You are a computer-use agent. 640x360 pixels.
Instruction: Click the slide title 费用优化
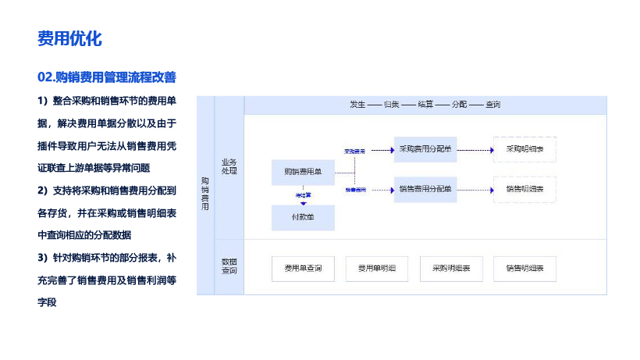pos(69,38)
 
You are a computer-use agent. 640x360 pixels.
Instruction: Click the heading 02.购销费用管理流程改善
pos(106,77)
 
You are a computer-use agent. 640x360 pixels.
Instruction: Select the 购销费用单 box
pos(303,172)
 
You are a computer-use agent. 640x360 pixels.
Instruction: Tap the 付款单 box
pos(303,217)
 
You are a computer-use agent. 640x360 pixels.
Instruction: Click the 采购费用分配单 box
pos(425,148)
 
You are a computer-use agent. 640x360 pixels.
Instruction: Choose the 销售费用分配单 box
pos(425,188)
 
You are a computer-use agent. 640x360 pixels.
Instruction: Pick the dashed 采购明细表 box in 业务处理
pos(524,148)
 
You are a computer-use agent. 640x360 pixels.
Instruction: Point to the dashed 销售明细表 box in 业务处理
pos(524,188)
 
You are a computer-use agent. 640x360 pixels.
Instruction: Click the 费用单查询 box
pos(303,268)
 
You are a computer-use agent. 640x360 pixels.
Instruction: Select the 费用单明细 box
pos(377,268)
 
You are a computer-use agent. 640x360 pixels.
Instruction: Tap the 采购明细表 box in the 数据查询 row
pos(451,268)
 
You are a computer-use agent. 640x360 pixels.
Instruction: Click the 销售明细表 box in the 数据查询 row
pos(524,268)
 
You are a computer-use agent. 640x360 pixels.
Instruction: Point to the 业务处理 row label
pos(229,166)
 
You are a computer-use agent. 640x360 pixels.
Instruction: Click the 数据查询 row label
pos(229,266)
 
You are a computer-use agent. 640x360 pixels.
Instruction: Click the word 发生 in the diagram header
pos(358,105)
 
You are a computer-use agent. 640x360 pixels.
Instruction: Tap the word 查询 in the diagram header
pos(492,105)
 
